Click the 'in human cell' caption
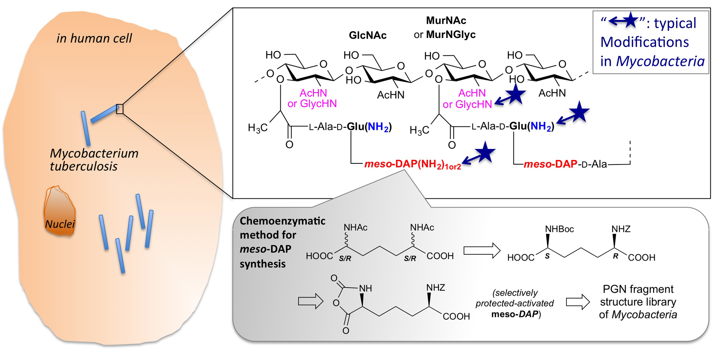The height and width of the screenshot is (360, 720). pyautogui.click(x=94, y=38)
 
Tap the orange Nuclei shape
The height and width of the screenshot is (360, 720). pyautogui.click(x=59, y=212)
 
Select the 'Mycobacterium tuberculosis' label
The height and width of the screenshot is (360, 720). pyautogui.click(x=94, y=160)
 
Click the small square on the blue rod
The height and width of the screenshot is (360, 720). pyautogui.click(x=120, y=109)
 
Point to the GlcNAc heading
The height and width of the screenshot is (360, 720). pyautogui.click(x=368, y=35)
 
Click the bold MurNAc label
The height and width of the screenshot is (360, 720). pyautogui.click(x=446, y=20)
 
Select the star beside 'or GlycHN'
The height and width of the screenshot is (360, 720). pyautogui.click(x=516, y=94)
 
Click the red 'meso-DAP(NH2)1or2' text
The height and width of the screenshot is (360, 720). pyautogui.click(x=413, y=165)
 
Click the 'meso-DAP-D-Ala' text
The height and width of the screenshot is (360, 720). pyautogui.click(x=565, y=164)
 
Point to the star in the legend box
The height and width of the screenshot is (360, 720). pyautogui.click(x=630, y=21)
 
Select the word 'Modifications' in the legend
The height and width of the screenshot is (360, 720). pyautogui.click(x=644, y=42)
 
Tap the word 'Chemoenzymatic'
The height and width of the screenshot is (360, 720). pyautogui.click(x=282, y=221)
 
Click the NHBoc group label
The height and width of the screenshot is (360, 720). pyautogui.click(x=559, y=229)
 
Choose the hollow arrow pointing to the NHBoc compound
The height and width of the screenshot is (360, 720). pyautogui.click(x=482, y=251)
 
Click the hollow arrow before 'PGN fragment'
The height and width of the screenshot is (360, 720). pyautogui.click(x=578, y=302)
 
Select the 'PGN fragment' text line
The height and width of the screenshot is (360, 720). pyautogui.click(x=638, y=289)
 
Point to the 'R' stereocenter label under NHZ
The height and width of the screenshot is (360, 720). pyautogui.click(x=615, y=256)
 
